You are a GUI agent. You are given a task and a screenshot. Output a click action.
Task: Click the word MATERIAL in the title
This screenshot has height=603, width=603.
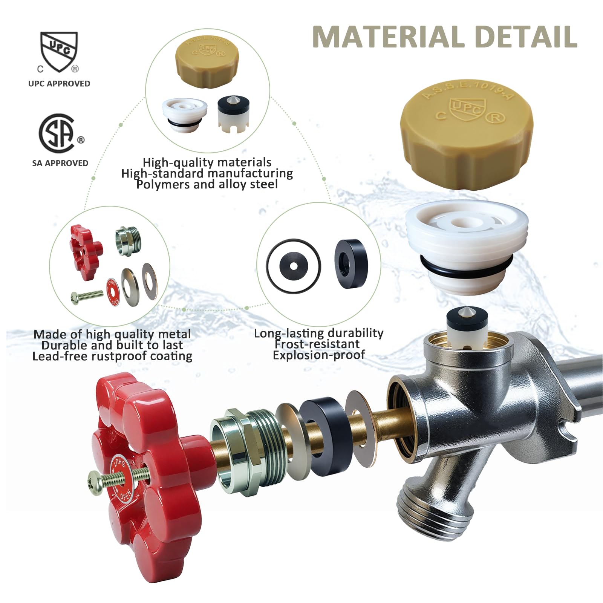pos(389,37)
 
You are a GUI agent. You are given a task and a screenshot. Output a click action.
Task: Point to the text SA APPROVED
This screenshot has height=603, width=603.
pos(60,163)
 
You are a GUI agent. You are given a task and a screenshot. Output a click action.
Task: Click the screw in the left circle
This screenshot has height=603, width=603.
pos(87,297)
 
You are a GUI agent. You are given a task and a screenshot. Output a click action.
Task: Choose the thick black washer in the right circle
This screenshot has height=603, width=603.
pos(351,263)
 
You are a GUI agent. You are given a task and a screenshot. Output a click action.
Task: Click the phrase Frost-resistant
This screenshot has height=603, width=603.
pos(317,344)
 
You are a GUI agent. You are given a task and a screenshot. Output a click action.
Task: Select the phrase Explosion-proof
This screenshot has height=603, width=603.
pos(319,355)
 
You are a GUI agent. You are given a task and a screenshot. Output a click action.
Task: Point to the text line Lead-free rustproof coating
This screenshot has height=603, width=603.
pos(112,356)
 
